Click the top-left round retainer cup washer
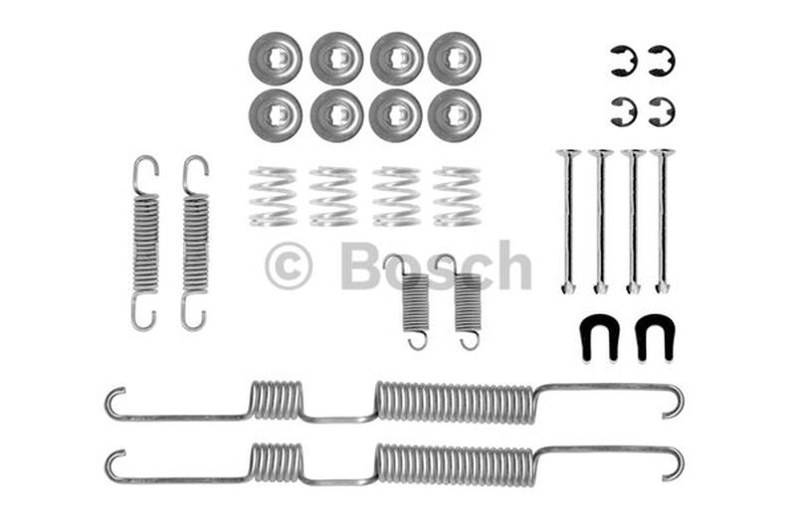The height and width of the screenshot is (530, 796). tap(276, 58)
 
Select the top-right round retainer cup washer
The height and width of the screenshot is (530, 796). tap(455, 58)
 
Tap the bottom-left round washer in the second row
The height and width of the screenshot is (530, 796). tap(276, 116)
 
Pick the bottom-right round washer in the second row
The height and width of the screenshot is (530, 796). tap(455, 116)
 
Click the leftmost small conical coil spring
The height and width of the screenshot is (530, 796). tap(273, 196)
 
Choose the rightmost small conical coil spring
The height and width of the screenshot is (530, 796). tap(457, 196)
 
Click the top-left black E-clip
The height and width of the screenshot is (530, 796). tap(624, 61)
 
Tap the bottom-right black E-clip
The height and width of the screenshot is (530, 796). tap(661, 111)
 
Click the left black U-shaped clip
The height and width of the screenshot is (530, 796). tap(599, 337)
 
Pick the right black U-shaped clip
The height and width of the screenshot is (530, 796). tap(654, 337)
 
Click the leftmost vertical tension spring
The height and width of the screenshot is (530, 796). tap(146, 244)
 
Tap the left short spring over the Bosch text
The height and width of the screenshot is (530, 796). tap(414, 302)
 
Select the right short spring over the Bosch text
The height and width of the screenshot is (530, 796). tap(467, 302)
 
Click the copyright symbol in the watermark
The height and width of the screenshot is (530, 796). tap(289, 267)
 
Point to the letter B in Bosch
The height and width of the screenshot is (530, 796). tap(361, 265)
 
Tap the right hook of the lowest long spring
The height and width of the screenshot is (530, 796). tap(676, 463)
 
